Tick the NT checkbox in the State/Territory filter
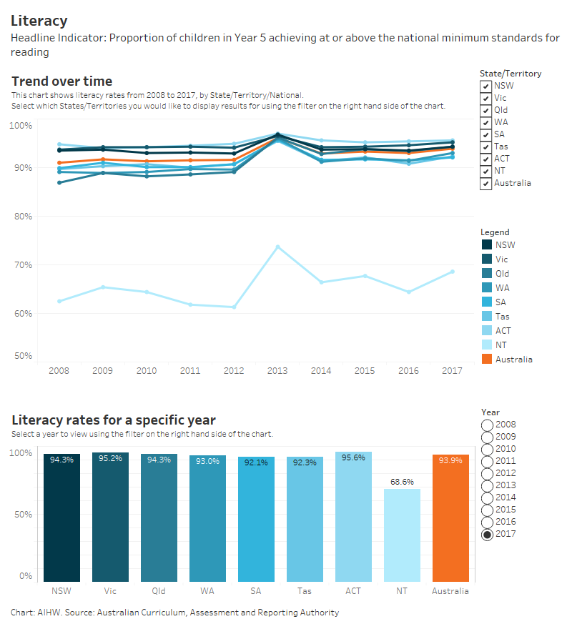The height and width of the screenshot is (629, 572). click(486, 171)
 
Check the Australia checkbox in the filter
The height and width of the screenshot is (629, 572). click(486, 183)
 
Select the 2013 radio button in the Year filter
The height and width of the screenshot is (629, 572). click(487, 485)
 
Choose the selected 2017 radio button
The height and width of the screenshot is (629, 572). click(487, 534)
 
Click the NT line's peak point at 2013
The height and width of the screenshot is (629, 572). click(277, 247)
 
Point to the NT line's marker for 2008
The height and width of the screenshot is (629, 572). click(59, 301)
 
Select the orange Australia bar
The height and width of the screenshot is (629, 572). click(450, 518)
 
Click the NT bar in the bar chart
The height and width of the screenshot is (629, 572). click(402, 535)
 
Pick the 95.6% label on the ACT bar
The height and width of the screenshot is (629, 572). click(353, 457)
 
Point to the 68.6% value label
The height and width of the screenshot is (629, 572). click(402, 482)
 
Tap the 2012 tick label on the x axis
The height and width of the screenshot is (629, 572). click(234, 371)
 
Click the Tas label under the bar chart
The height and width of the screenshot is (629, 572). click(305, 591)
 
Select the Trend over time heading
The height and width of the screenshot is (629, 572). click(61, 81)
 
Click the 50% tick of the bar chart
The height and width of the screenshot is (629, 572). click(23, 515)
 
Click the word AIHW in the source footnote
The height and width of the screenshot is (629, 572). click(46, 613)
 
